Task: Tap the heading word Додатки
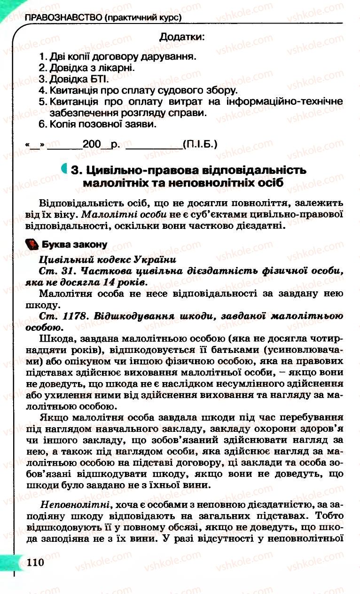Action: click(182, 37)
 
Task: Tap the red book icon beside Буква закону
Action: click(31, 244)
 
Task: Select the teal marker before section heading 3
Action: click(64, 169)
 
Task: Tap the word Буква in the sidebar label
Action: click(54, 244)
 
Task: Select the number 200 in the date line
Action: click(92, 144)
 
